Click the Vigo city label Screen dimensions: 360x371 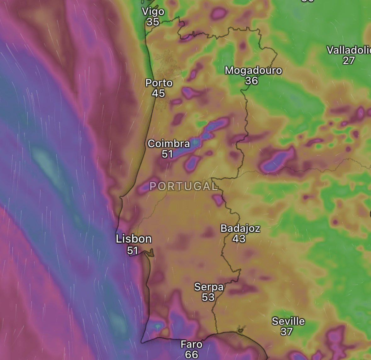153,12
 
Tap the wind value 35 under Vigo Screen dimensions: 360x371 153,22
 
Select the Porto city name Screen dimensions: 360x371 159,83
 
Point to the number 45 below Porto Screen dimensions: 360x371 158,93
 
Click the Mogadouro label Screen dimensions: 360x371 253,70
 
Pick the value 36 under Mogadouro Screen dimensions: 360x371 251,81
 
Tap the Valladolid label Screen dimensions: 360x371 349,50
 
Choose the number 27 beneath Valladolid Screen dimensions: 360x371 349,60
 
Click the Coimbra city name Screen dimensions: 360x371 169,144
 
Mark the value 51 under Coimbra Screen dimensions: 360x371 167,154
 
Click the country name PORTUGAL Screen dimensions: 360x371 183,186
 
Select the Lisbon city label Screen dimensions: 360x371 134,239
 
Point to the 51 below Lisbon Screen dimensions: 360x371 133,250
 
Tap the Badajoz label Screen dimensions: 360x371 240,228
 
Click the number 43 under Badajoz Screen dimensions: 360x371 239,239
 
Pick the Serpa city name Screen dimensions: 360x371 209,287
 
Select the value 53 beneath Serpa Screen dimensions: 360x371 208,297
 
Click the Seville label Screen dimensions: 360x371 288,321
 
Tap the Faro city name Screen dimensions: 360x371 191,344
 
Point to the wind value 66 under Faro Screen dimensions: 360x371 191,354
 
